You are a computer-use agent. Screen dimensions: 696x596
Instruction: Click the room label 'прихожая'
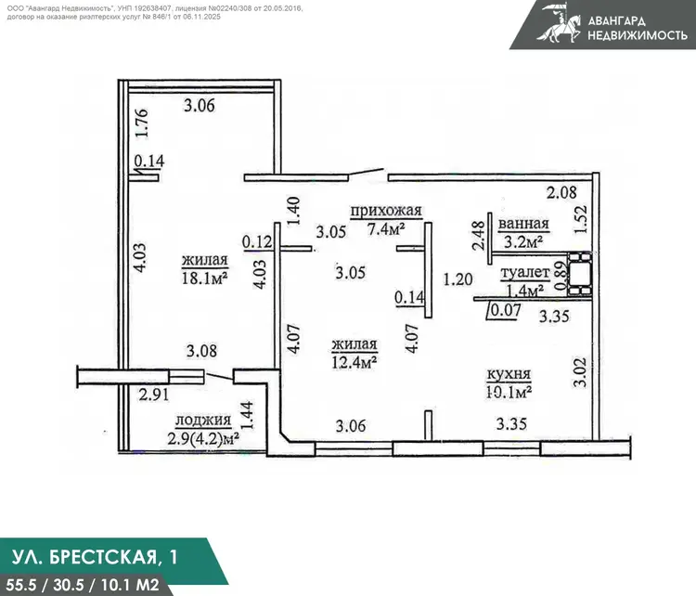tap(386, 211)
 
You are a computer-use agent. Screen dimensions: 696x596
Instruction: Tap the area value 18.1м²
tap(205, 278)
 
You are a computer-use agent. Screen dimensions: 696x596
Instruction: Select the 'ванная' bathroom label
tap(523, 224)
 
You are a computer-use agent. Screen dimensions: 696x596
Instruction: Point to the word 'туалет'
tap(525, 273)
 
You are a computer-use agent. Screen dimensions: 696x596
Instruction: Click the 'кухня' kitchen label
tap(509, 374)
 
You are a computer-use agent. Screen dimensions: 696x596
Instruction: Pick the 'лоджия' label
tap(203, 421)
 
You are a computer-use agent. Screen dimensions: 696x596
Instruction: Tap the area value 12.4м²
tap(354, 362)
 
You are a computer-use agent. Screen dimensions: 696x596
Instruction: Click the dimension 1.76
tap(142, 123)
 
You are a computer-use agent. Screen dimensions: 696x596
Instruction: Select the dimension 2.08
tap(561, 192)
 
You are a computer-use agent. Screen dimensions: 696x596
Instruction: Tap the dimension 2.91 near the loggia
tap(153, 395)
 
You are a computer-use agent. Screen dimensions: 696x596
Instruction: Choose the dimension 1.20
tap(458, 279)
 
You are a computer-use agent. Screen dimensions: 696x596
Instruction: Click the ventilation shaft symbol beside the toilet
tap(579, 273)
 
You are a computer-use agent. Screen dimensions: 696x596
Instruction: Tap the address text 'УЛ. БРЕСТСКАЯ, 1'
tap(95, 557)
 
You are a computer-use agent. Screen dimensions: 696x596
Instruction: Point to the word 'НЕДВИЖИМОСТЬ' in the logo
tap(638, 34)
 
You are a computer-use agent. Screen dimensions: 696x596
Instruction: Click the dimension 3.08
tap(201, 351)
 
